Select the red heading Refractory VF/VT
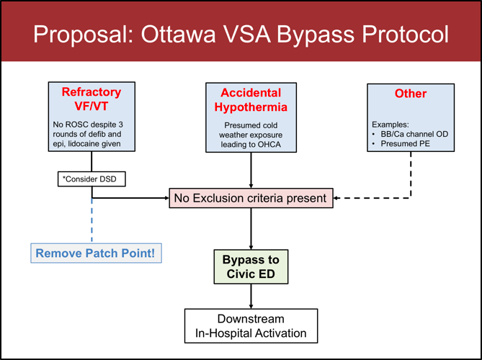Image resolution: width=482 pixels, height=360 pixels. [x=92, y=99]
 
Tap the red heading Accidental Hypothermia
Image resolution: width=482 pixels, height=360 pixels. [x=250, y=100]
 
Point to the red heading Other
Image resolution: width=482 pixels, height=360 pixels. [x=410, y=94]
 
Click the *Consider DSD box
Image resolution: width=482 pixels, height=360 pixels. [x=92, y=177]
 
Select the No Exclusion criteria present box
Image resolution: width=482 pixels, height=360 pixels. [x=251, y=198]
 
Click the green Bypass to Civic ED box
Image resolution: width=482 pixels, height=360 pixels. [x=251, y=266]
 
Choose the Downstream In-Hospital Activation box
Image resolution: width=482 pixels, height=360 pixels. [x=251, y=325]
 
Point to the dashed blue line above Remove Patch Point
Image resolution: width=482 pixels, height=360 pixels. [x=92, y=220]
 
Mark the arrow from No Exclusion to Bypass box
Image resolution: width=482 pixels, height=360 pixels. [x=251, y=228]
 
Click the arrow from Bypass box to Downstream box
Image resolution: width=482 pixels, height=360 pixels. [x=251, y=296]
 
